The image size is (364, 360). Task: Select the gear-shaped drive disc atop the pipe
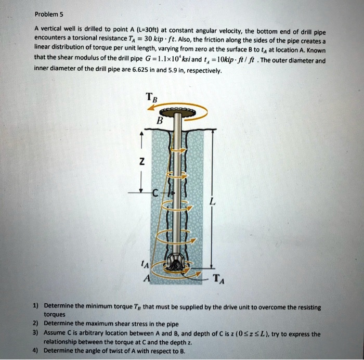pos(179,112)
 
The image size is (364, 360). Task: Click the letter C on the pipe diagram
pos(154,193)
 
